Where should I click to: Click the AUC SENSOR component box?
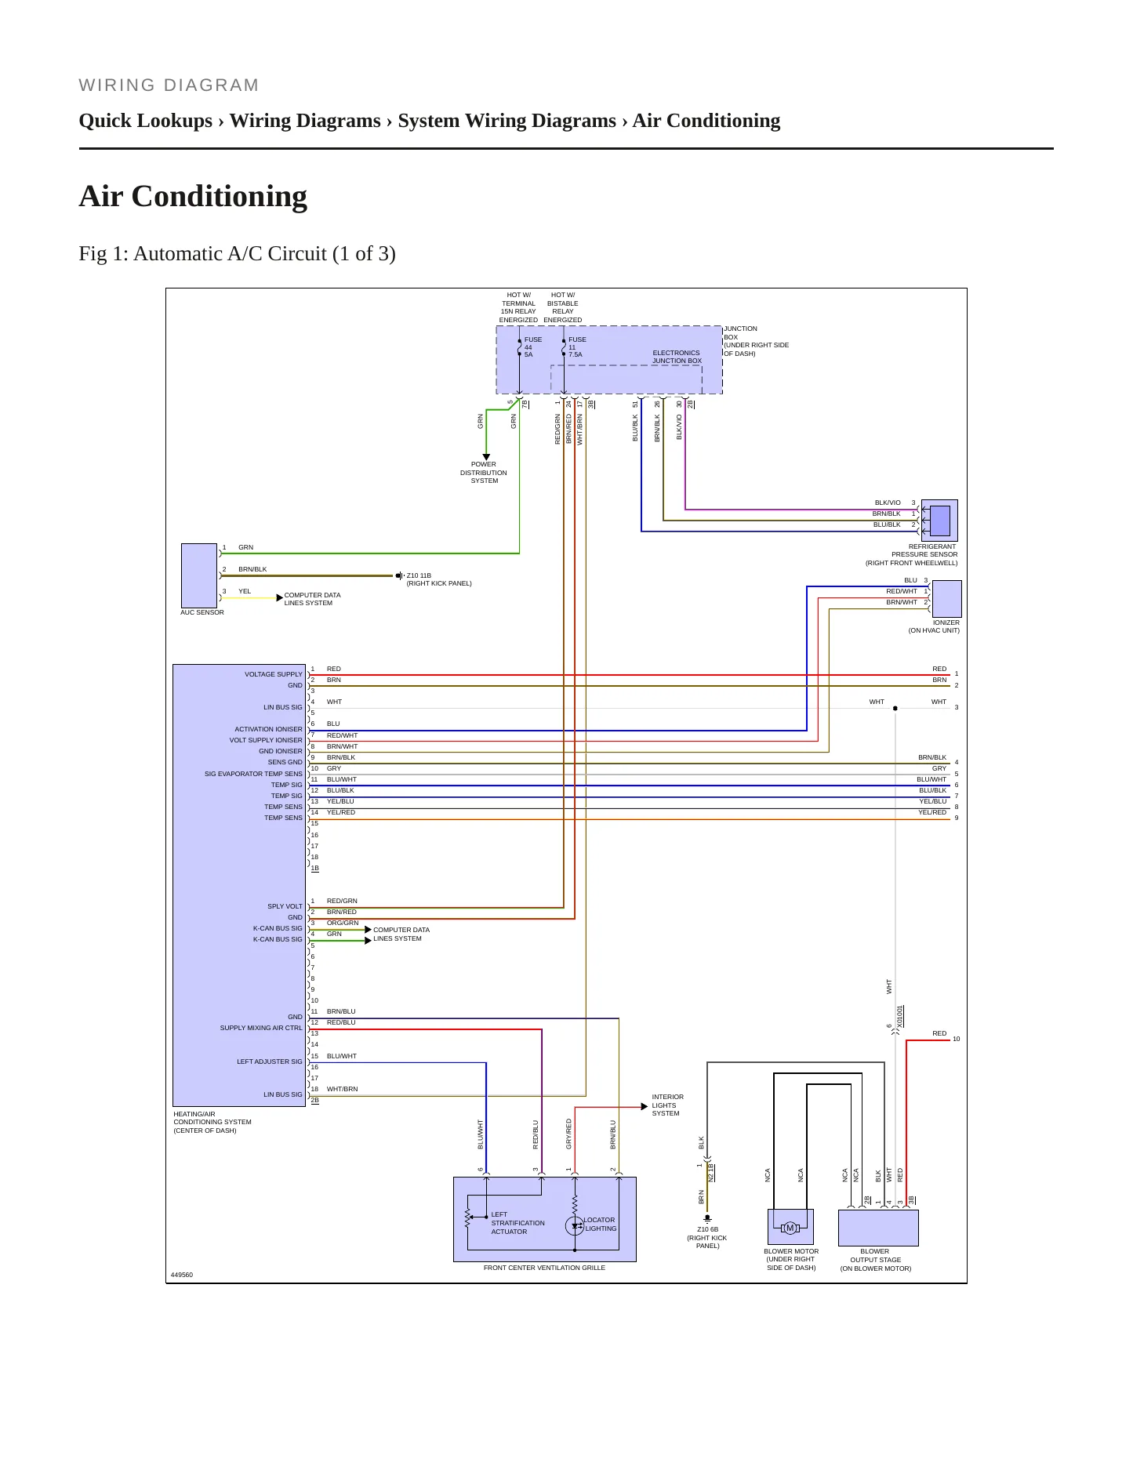click(x=199, y=575)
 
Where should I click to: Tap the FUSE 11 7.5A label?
click(x=577, y=347)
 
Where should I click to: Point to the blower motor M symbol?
click(x=790, y=1228)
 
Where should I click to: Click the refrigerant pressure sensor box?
click(x=939, y=520)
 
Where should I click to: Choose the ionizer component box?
click(x=946, y=599)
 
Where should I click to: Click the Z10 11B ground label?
click(x=439, y=579)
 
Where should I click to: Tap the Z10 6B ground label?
click(x=707, y=1238)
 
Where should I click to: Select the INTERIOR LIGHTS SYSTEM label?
click(x=667, y=1105)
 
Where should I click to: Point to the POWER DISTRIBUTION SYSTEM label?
click(x=484, y=473)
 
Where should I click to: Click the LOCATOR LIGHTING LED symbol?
click(x=575, y=1226)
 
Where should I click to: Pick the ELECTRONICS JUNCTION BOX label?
click(x=677, y=357)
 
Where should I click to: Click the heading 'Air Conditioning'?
click(x=193, y=196)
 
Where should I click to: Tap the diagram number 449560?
click(x=182, y=1275)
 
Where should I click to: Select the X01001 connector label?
click(x=900, y=1016)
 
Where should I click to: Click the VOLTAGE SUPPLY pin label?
click(x=273, y=674)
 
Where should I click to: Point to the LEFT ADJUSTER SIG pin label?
click(x=269, y=1061)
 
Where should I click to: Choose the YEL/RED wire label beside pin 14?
click(x=341, y=812)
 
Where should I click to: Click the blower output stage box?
click(x=878, y=1228)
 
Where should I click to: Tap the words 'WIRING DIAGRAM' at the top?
click(x=169, y=85)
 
